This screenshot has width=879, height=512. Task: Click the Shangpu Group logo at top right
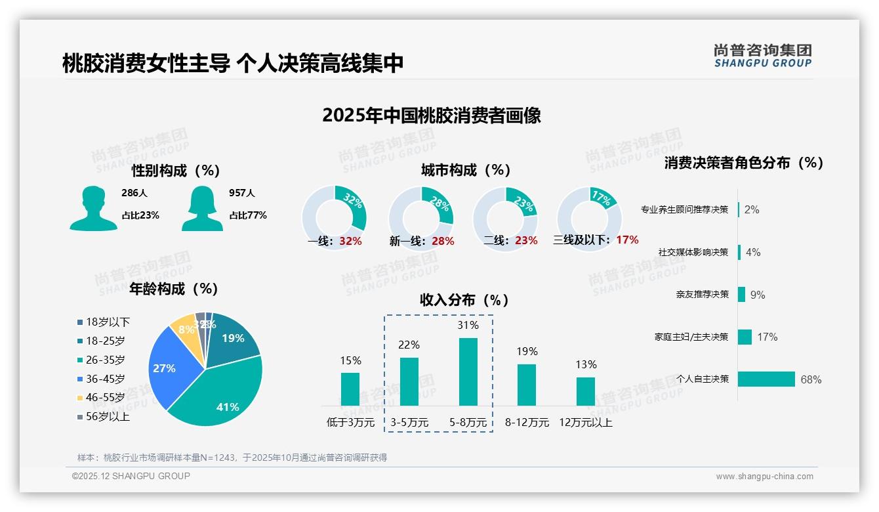(763, 56)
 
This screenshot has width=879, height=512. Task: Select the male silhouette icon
(93, 209)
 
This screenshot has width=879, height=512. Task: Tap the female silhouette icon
(202, 209)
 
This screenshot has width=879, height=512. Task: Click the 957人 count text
(241, 193)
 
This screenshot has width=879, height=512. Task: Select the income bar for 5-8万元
(468, 372)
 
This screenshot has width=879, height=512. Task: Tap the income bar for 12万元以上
(585, 391)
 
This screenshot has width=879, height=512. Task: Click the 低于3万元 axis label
(350, 423)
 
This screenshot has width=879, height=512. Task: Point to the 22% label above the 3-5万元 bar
(409, 345)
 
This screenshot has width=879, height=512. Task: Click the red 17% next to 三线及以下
(627, 240)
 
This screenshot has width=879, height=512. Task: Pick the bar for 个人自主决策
(766, 379)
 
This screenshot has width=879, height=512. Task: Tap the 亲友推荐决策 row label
(702, 295)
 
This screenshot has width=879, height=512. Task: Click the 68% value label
(811, 379)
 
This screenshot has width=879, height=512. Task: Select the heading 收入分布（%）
(464, 300)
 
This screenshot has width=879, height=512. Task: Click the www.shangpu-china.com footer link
(764, 477)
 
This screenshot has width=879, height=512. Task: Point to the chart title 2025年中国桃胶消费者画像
(431, 116)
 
